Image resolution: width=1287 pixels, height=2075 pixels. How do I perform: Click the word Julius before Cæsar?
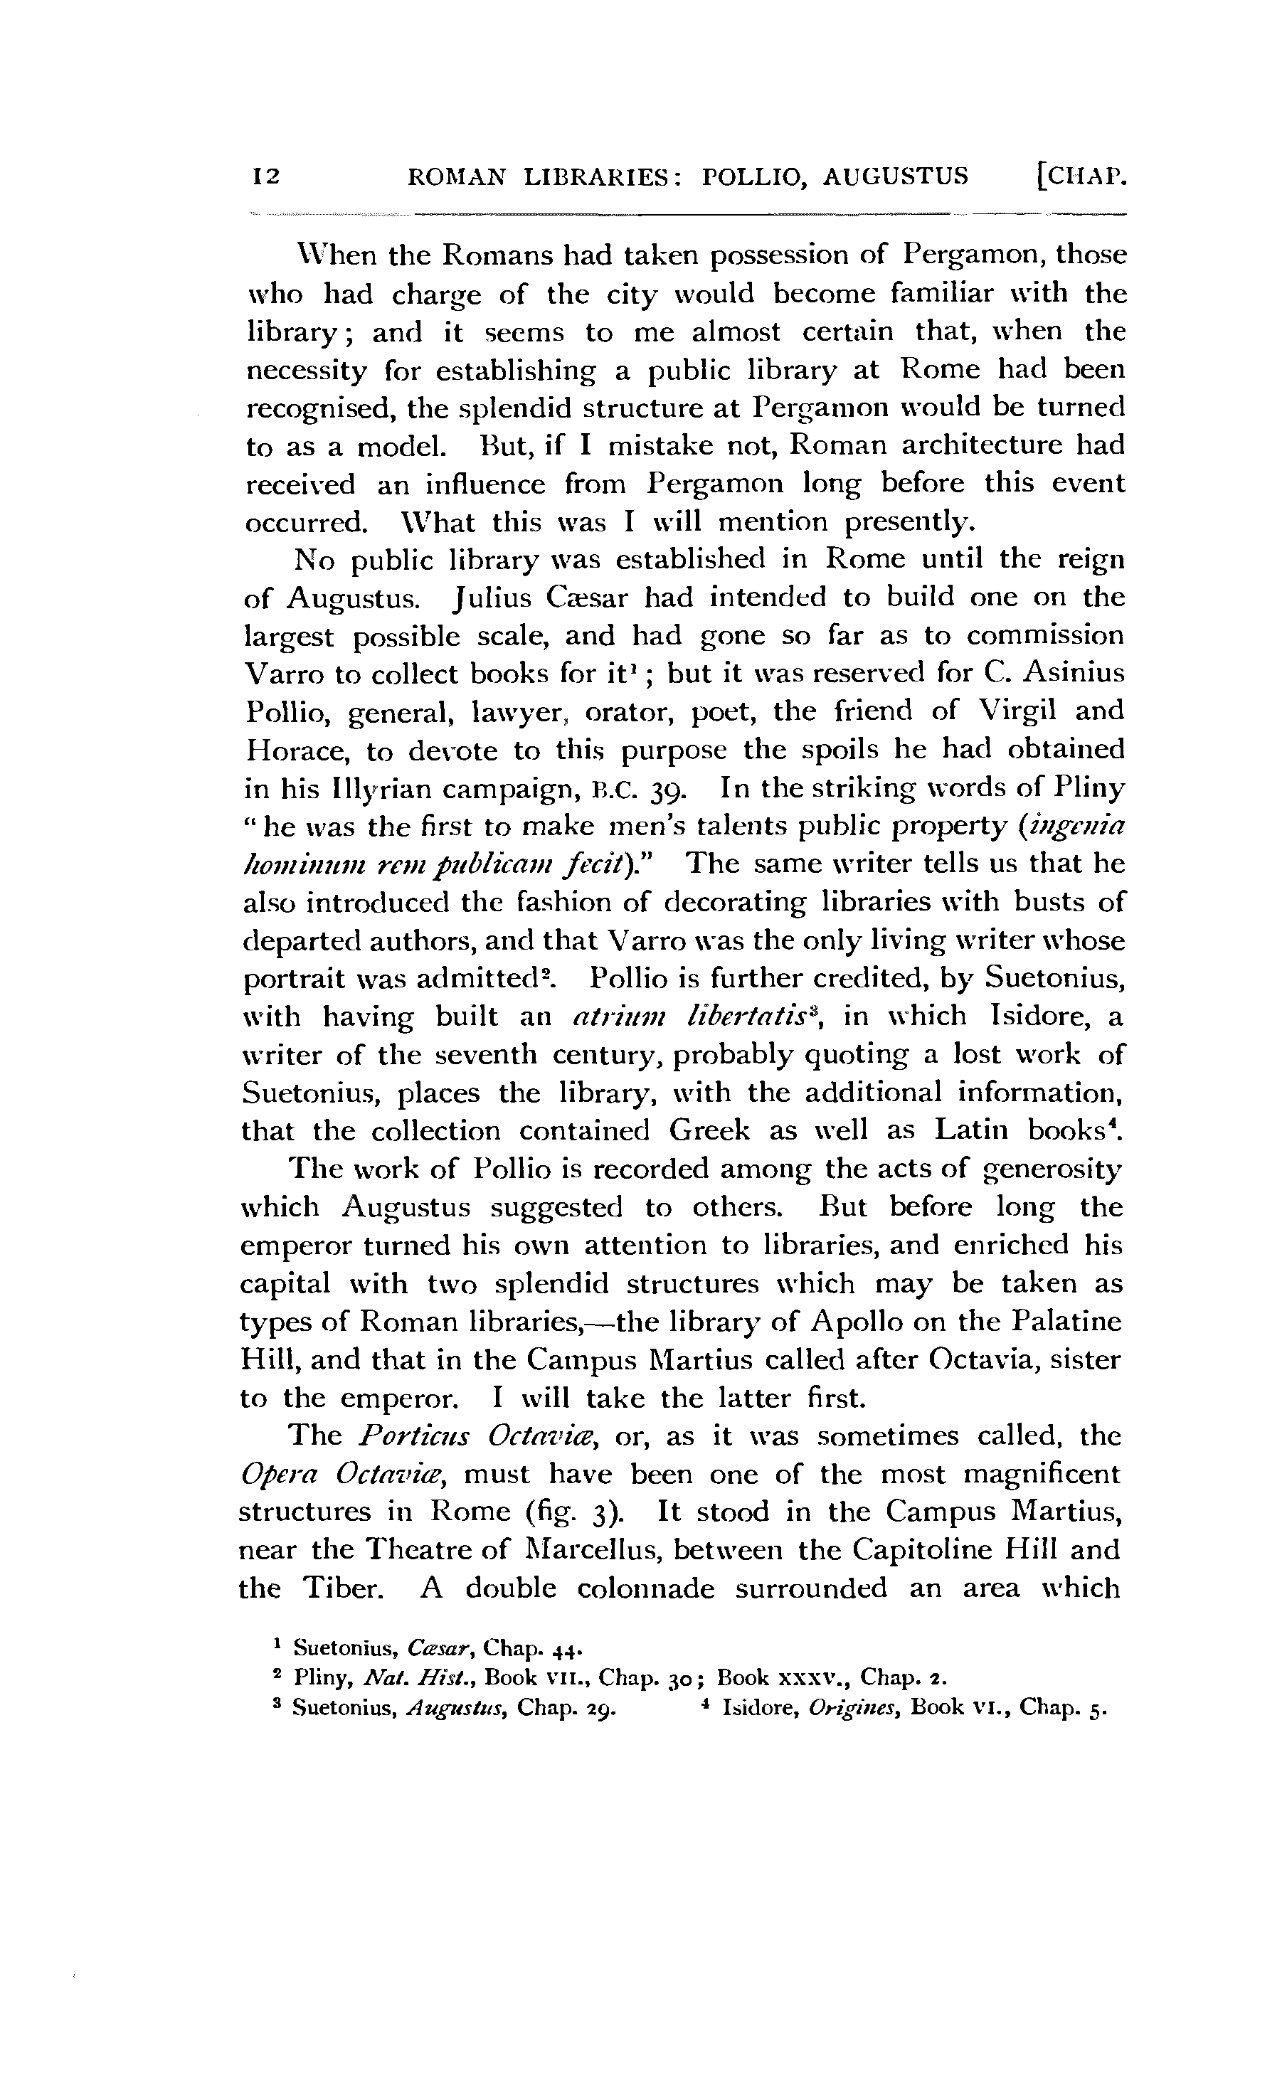click(481, 598)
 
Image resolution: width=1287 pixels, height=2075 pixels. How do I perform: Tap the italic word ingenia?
click(1078, 827)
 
